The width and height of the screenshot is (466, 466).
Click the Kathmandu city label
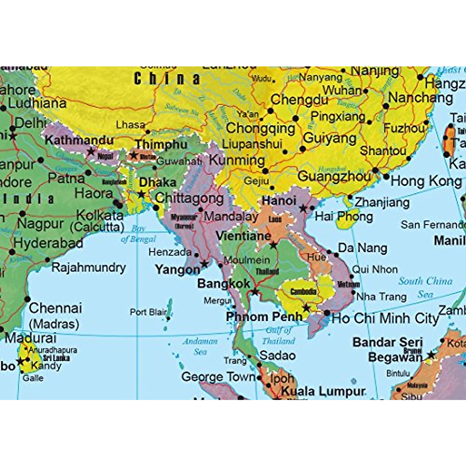(x=79, y=140)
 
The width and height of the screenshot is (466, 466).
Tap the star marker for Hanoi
(x=303, y=209)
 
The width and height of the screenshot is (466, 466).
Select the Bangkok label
(x=224, y=283)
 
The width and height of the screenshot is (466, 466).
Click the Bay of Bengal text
(x=138, y=234)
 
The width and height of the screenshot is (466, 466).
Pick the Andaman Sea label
(x=200, y=346)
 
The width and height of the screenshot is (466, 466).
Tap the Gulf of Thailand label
(x=278, y=336)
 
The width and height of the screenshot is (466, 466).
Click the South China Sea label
(x=426, y=287)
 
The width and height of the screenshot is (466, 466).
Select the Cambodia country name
(x=303, y=291)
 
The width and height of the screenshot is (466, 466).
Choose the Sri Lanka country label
(x=56, y=358)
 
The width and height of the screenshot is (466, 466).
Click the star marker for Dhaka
(x=142, y=194)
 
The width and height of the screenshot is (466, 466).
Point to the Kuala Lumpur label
(x=323, y=391)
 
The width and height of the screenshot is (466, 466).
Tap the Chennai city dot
(x=27, y=299)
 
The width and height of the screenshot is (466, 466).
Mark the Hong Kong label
(x=426, y=181)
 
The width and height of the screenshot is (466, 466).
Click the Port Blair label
(x=148, y=312)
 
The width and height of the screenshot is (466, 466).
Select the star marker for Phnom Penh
(x=306, y=308)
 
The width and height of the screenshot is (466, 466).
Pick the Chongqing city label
(x=261, y=128)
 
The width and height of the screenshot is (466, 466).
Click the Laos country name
(x=275, y=219)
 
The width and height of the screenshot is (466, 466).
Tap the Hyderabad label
(x=48, y=243)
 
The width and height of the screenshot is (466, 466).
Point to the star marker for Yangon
(x=204, y=264)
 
